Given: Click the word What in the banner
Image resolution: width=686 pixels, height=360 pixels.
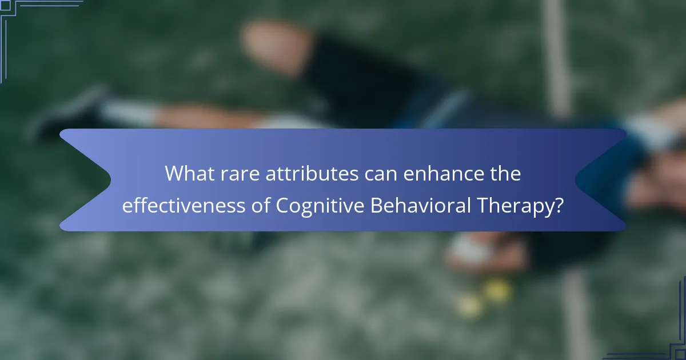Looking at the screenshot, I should pyautogui.click(x=188, y=174).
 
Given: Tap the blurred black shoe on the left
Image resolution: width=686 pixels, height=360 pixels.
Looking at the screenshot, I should pyautogui.click(x=69, y=114).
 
